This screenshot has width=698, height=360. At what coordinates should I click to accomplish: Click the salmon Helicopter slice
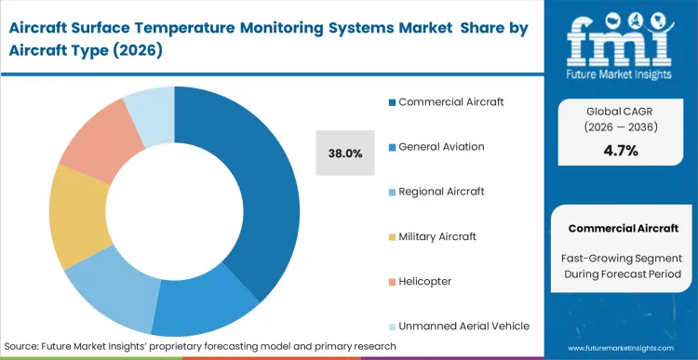click(93, 140)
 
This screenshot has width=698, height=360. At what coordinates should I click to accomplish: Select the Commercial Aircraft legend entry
click(451, 101)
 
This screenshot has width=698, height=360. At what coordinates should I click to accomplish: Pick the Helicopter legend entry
click(425, 281)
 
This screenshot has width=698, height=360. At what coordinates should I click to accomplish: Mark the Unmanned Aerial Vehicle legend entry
click(463, 326)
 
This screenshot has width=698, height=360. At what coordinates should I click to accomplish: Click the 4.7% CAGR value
click(621, 151)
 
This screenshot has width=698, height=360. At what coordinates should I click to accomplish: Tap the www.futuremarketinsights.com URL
click(614, 346)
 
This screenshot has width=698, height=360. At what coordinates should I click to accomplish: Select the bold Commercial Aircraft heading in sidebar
click(621, 228)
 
